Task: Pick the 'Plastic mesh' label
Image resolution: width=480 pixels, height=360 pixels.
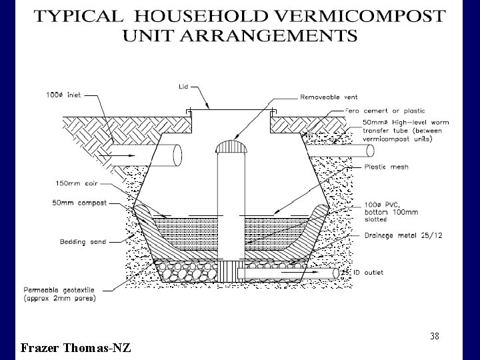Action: pos(385,167)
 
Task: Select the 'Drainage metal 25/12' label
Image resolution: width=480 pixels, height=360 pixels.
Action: pos(394,235)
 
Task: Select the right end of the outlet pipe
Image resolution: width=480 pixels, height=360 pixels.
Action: pos(337,272)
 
